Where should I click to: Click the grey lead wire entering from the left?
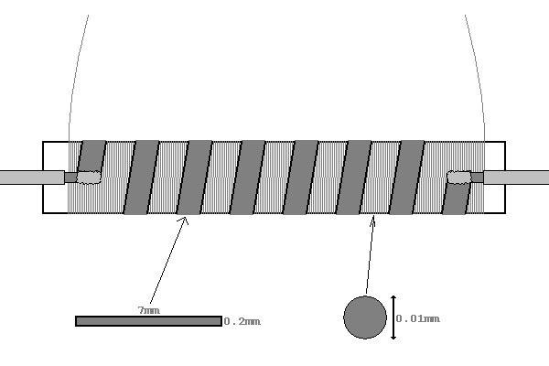tap(27, 178)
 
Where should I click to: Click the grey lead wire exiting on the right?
tap(517, 178)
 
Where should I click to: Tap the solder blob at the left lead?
tap(89, 178)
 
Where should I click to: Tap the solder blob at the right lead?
tap(458, 177)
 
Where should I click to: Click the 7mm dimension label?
tap(148, 311)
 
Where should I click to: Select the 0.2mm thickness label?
tap(242, 321)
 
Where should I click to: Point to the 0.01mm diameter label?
tap(418, 318)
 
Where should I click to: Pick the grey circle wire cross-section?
tap(365, 318)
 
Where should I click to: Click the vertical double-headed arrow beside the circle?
tap(393, 318)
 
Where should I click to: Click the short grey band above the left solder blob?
tap(92, 155)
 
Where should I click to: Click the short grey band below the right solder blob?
tap(456, 199)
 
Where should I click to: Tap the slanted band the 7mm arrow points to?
tap(194, 178)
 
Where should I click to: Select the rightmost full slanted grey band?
tap(407, 178)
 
